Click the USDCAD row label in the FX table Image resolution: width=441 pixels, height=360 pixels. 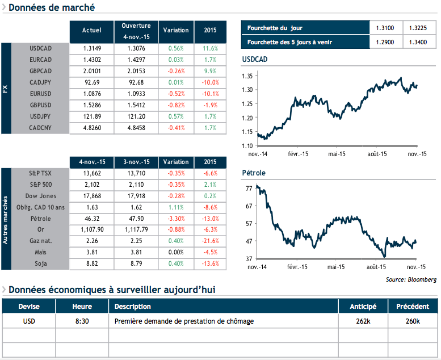[40, 48]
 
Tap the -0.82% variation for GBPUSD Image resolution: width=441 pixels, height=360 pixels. [176, 105]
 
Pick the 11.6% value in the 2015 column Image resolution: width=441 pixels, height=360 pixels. [210, 48]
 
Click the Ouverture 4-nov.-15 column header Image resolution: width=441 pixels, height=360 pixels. [136, 31]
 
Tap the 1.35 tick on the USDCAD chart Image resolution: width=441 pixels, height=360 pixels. [247, 76]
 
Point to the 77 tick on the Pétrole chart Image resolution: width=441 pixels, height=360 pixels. [249, 188]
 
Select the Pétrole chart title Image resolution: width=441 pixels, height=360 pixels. [254, 173]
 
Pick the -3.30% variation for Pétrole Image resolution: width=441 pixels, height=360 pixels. [176, 218]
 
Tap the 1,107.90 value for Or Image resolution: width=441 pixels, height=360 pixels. [92, 229]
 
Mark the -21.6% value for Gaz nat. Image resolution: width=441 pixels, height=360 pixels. [210, 240]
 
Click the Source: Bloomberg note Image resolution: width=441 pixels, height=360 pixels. [411, 279]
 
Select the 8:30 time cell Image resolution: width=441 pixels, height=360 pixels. [82, 321]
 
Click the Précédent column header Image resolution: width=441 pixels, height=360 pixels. [412, 307]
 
